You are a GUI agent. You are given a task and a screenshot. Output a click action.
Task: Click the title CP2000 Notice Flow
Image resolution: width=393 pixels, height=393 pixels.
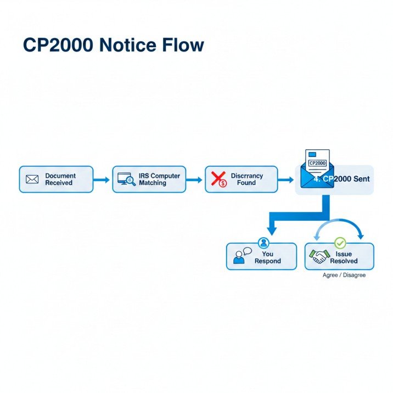point(113,46)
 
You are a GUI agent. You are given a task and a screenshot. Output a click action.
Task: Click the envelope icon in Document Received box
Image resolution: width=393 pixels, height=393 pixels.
point(32,179)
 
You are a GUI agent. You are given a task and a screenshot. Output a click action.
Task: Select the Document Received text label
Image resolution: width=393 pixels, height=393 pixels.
point(60,179)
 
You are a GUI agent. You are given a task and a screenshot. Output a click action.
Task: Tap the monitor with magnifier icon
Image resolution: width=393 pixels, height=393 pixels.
point(126,179)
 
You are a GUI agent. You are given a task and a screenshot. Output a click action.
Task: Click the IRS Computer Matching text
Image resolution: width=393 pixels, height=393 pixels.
point(159,179)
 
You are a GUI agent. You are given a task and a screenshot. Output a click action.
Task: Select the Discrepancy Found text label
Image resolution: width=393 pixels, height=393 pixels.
point(246,179)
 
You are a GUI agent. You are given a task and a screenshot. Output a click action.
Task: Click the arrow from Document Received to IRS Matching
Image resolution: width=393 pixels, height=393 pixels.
point(102,179)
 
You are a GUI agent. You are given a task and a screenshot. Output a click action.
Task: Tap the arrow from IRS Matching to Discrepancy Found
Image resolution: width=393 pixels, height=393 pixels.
point(194,179)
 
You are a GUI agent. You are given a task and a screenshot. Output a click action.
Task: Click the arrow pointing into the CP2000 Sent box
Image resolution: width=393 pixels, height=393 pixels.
point(286,179)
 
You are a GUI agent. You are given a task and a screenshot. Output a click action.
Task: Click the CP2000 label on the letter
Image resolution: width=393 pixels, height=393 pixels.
point(317,163)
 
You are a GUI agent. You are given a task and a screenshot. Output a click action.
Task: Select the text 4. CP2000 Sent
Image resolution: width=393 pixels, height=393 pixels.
point(341,179)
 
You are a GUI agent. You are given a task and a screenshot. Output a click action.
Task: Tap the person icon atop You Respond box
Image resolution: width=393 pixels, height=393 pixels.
point(263,243)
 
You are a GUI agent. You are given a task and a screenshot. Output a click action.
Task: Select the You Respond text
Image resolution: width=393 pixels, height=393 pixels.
point(267,257)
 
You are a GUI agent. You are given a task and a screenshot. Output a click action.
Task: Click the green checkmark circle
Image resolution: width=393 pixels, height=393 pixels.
point(340,242)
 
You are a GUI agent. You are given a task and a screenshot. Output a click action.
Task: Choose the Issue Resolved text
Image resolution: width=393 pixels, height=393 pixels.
point(344,257)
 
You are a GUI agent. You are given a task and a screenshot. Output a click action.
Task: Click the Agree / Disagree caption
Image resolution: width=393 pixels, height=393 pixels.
point(344,275)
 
